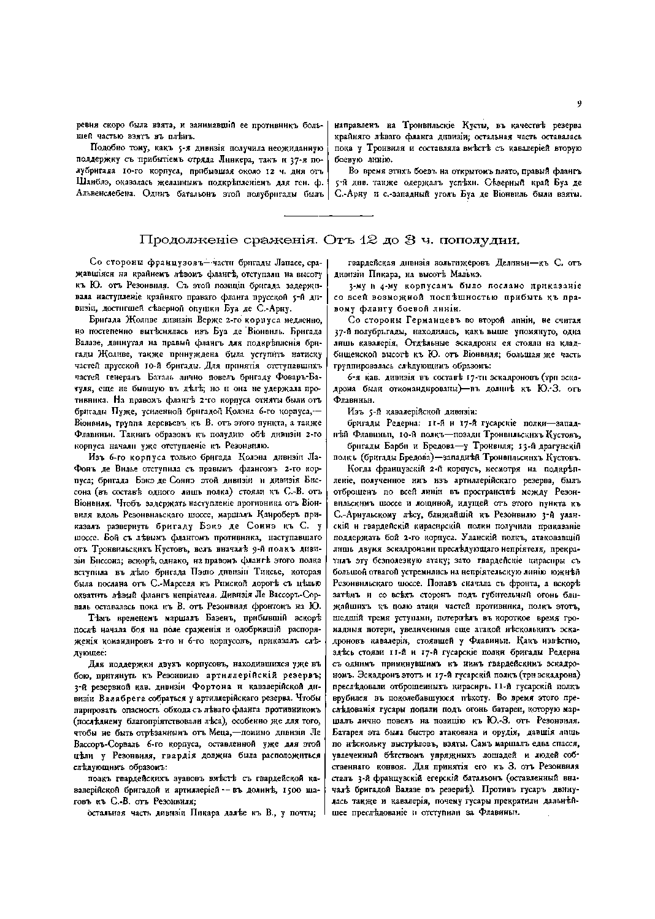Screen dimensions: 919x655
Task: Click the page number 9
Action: click(x=578, y=104)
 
